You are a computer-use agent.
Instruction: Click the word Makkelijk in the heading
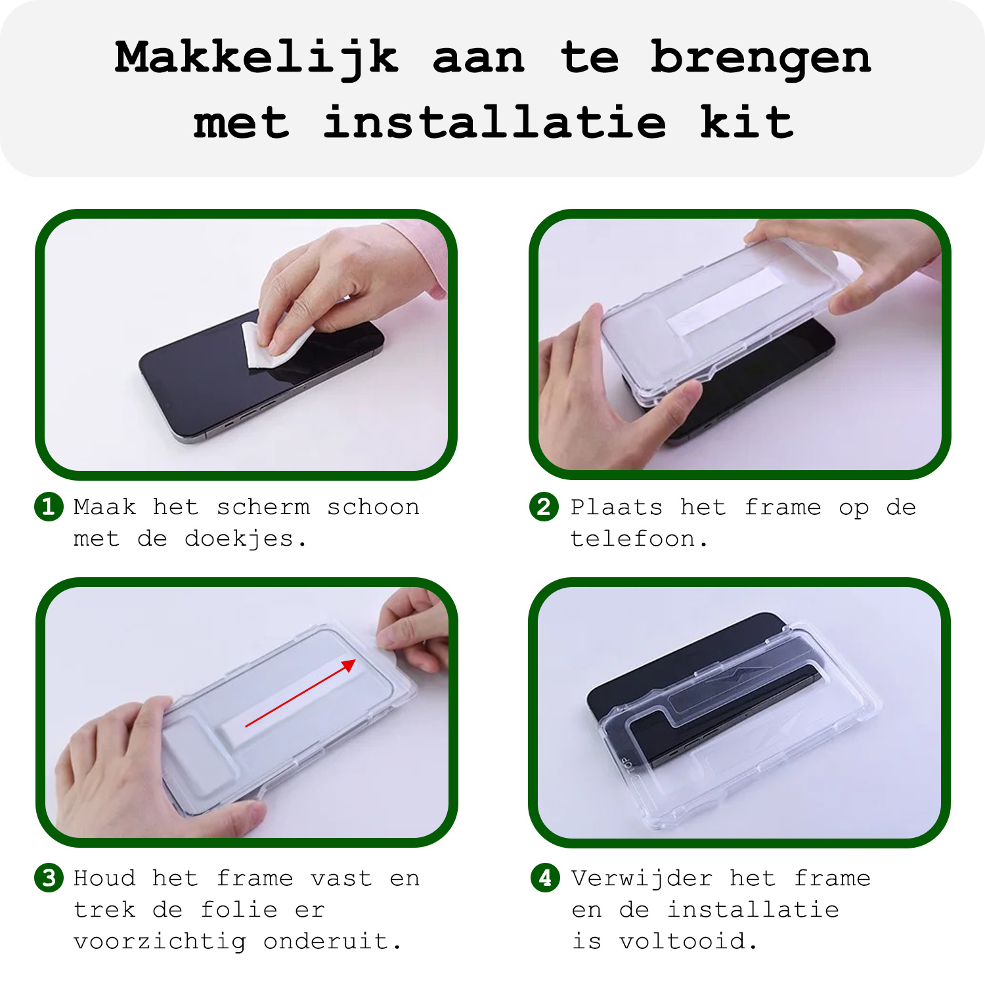[256, 58]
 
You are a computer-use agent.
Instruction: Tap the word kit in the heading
[747, 123]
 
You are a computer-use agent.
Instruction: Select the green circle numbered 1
[49, 507]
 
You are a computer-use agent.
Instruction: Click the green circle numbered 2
[544, 507]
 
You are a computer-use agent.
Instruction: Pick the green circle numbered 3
[49, 878]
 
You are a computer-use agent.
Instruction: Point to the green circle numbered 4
[545, 878]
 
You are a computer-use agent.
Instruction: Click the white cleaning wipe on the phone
[273, 345]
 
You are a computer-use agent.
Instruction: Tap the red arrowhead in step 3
[349, 666]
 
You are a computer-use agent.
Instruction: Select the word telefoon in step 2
[632, 539]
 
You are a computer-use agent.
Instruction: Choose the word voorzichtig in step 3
[160, 942]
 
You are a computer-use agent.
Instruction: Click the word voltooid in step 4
[683, 942]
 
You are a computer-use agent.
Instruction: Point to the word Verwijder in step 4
[642, 879]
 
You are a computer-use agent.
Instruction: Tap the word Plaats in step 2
[616, 507]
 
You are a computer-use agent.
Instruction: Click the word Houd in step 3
[104, 879]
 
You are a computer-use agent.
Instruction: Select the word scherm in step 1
[263, 507]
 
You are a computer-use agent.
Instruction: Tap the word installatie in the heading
[494, 123]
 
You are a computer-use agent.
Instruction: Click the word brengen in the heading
[760, 58]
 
